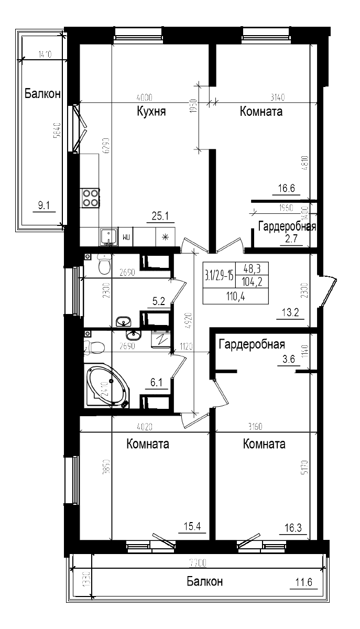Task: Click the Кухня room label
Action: (151, 112)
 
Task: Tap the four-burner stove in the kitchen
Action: (90, 198)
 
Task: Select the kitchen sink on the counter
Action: (108, 237)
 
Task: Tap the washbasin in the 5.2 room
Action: (124, 321)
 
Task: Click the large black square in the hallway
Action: (236, 283)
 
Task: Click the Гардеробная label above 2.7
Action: (286, 226)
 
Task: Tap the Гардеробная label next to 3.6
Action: (252, 344)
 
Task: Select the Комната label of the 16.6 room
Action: (261, 112)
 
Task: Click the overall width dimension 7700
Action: (198, 563)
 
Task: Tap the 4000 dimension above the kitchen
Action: (144, 97)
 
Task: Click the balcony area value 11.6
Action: (303, 582)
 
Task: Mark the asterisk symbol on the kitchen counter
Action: (166, 237)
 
